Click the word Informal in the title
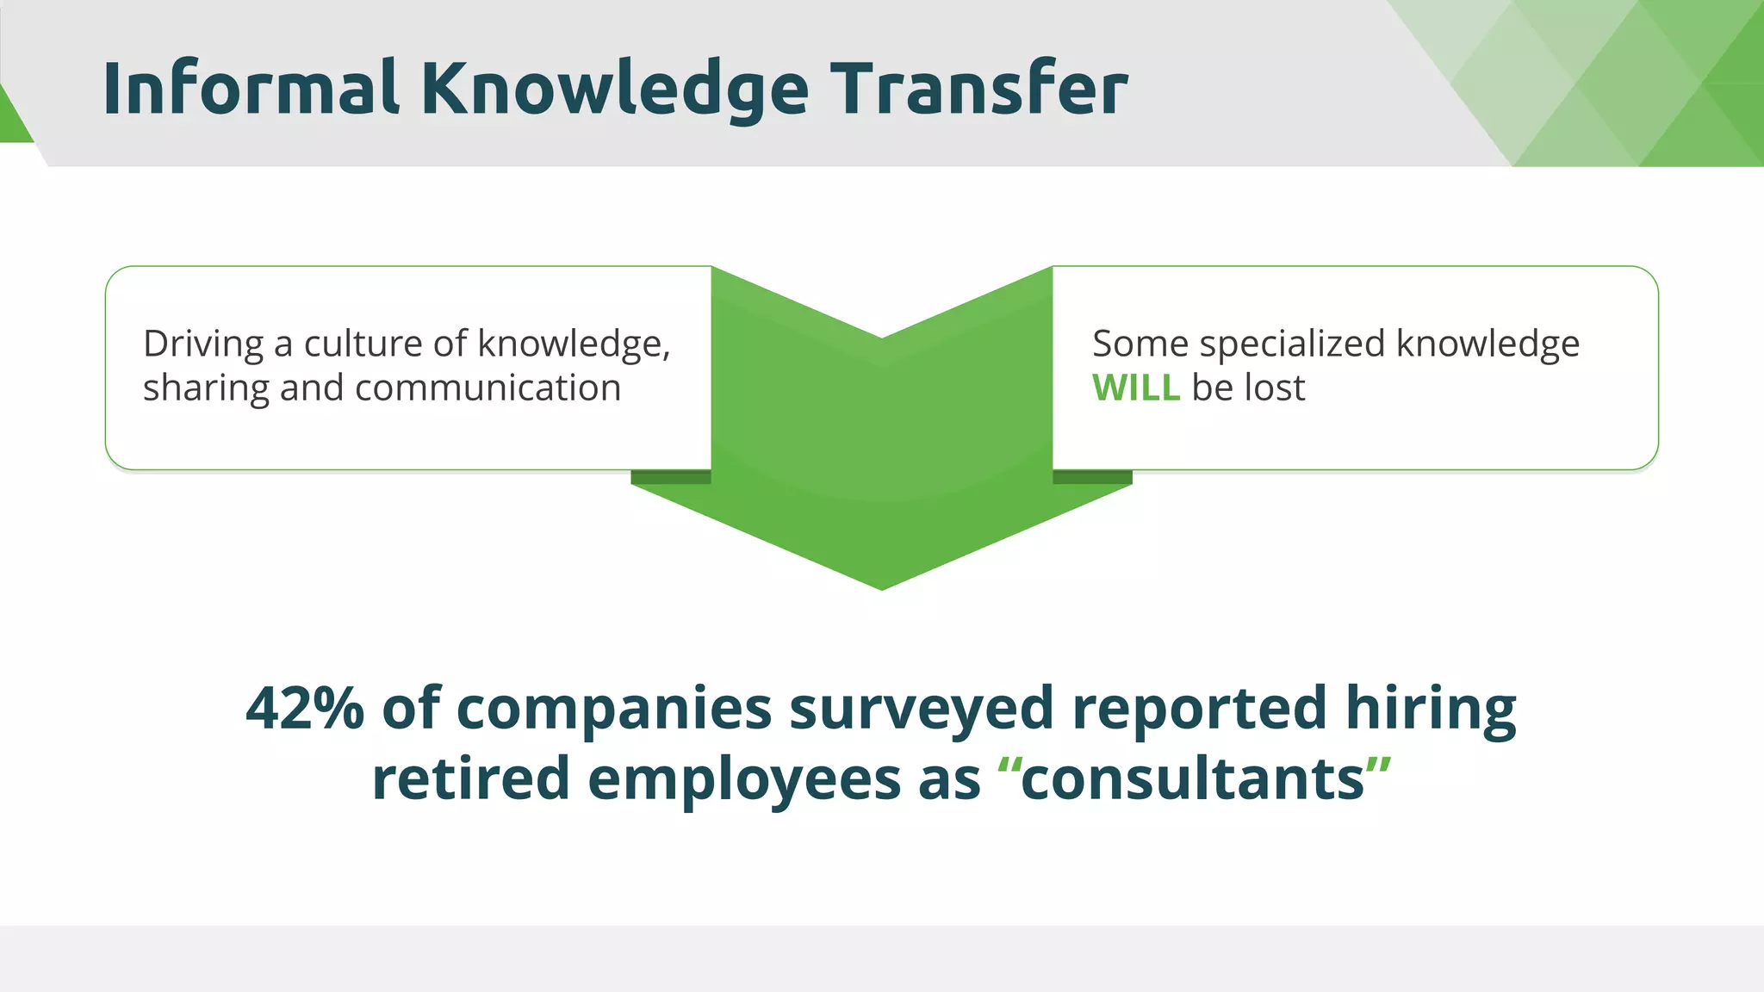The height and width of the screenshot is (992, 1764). (250, 89)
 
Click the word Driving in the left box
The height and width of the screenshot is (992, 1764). (203, 344)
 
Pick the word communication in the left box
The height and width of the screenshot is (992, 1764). (488, 388)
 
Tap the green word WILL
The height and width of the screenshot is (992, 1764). (1135, 388)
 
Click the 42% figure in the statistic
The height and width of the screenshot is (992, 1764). (305, 709)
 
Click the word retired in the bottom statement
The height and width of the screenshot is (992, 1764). (470, 778)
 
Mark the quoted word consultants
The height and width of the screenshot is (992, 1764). (1193, 778)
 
